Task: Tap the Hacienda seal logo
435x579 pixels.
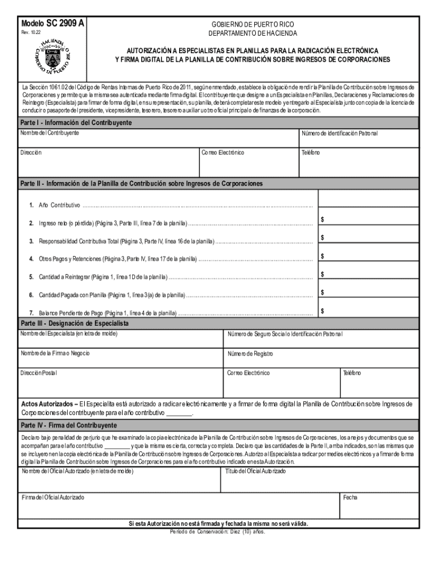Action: click(x=53, y=57)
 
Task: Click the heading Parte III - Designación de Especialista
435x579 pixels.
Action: click(x=75, y=323)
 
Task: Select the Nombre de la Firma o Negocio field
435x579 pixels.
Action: click(x=121, y=358)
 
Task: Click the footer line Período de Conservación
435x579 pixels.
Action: click(x=217, y=532)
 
